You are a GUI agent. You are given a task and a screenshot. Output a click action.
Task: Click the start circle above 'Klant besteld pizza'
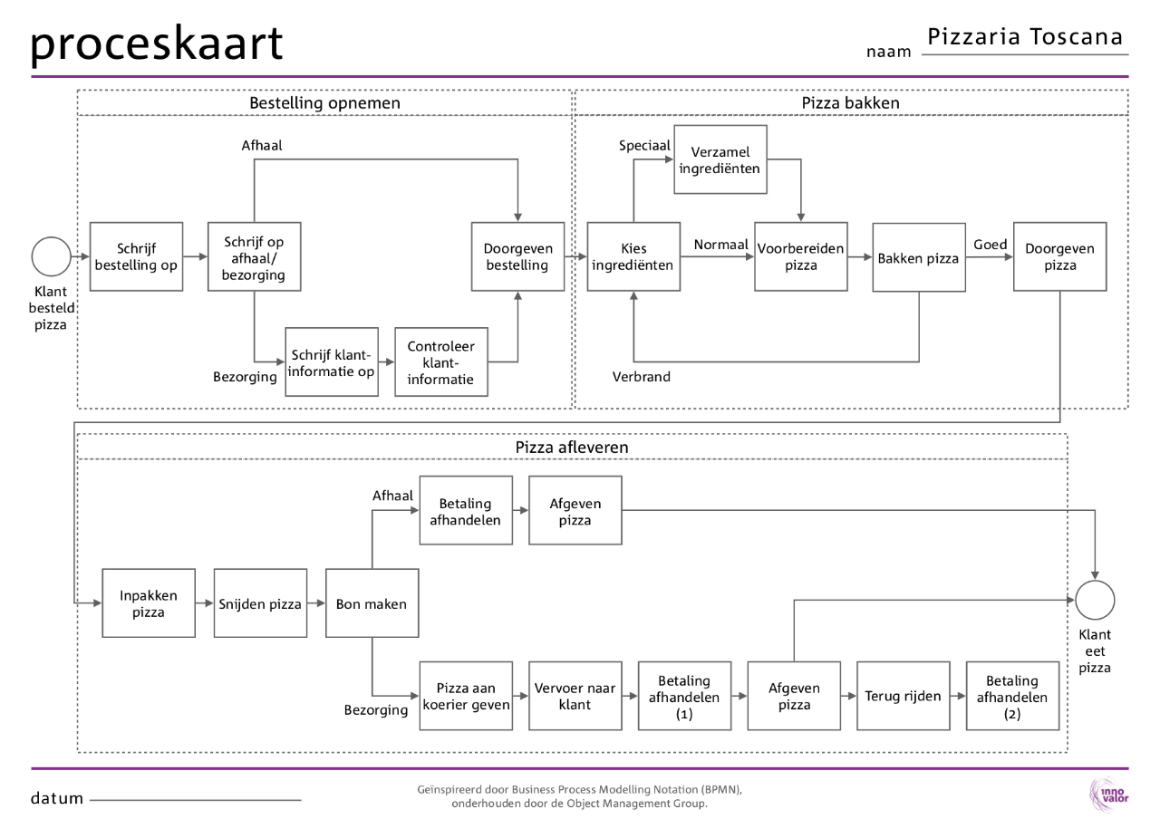[x=51, y=256]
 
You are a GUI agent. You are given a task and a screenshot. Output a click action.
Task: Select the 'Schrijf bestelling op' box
[x=136, y=256]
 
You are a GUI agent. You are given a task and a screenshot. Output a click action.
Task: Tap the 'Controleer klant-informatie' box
[x=441, y=362]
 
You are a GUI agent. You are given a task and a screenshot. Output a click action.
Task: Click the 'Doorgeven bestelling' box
[x=517, y=256]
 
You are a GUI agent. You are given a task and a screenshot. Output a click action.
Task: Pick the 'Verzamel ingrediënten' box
[x=720, y=159]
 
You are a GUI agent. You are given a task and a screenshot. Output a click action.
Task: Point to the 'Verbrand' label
[x=641, y=377]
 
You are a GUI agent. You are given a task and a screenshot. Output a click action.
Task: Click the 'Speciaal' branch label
[x=644, y=145]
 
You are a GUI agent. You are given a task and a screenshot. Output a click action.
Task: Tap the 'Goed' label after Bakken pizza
[x=990, y=244]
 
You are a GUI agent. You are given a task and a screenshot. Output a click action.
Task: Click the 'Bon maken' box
[x=372, y=603]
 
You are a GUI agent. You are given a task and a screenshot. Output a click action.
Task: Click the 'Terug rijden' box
[x=903, y=696]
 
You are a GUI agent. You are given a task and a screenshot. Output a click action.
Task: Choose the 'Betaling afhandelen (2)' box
[x=1012, y=696]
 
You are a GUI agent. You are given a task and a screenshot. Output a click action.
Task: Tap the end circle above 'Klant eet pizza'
[x=1095, y=600]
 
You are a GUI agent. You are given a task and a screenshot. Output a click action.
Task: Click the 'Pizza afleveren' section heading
[x=572, y=447]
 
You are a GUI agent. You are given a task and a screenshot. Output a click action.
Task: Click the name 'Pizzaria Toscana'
[x=1024, y=37]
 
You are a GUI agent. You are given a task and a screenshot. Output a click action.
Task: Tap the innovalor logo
[x=1110, y=795]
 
